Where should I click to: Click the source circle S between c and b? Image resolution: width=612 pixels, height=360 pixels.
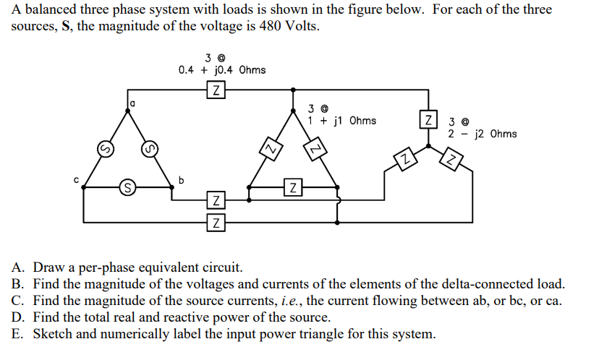[x=127, y=188]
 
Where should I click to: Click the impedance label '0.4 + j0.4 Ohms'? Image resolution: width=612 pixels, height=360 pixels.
[x=222, y=70]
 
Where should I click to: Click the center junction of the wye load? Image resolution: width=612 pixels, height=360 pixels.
[x=429, y=146]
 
